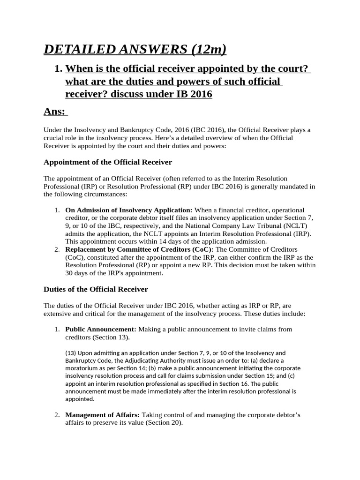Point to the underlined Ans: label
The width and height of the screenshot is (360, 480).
55,112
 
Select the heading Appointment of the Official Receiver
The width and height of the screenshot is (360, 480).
108,162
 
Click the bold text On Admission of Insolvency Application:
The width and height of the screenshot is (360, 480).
129,210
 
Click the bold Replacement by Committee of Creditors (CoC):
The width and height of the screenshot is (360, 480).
139,249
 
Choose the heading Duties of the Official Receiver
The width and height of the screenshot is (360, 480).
96,289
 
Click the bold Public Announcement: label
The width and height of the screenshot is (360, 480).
101,329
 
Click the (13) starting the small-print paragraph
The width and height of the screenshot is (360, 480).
71,353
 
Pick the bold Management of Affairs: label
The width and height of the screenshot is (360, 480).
103,415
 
